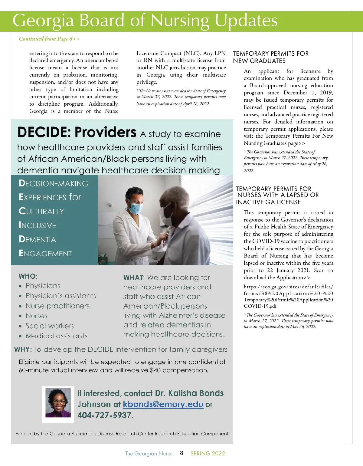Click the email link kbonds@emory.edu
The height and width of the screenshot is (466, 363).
[x=163, y=404]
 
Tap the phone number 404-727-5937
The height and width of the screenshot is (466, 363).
[x=105, y=415]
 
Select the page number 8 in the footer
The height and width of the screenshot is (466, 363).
[x=181, y=453]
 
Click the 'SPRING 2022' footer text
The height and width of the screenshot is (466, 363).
[x=208, y=453]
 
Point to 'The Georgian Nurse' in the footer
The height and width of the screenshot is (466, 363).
[x=149, y=453]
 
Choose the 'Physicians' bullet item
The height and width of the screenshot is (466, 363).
[x=43, y=286]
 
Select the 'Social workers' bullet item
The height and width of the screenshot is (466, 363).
[x=50, y=326]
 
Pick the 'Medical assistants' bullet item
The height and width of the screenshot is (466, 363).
[x=56, y=336]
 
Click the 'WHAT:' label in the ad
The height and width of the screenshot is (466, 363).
[x=134, y=278]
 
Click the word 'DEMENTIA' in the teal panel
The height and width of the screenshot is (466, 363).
[x=38, y=239]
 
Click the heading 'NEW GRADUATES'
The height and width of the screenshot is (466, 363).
[x=259, y=61]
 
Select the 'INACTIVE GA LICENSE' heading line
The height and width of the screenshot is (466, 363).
[x=268, y=202]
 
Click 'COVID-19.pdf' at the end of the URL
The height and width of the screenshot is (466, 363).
[x=260, y=306]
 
